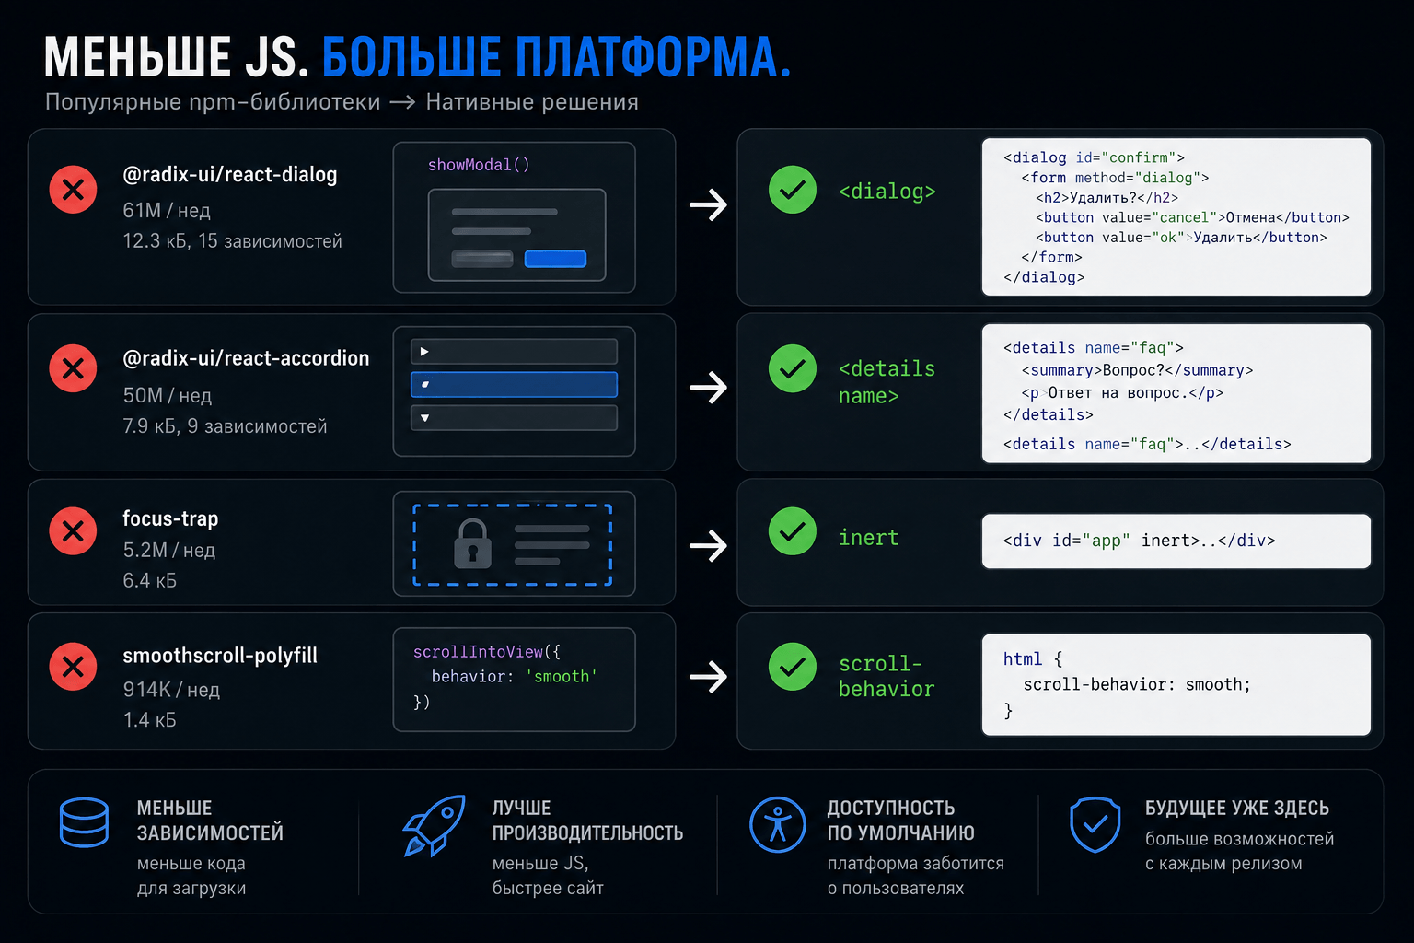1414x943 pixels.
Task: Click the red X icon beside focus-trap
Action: point(74,531)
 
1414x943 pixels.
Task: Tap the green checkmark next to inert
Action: point(793,531)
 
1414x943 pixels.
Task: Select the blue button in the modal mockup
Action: point(555,259)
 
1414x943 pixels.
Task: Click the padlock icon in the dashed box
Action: point(473,544)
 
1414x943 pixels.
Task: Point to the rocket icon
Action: point(435,825)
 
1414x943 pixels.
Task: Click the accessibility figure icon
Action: point(778,825)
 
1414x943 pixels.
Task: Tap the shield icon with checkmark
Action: point(1095,825)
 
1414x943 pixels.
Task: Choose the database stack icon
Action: point(84,822)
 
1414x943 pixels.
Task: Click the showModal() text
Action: point(479,165)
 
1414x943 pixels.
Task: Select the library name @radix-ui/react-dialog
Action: point(230,174)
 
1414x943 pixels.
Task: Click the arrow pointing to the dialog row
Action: point(708,204)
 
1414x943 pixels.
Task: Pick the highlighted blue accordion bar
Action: point(514,385)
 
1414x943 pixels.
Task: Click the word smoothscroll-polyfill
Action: point(220,656)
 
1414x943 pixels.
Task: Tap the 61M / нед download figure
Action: point(167,210)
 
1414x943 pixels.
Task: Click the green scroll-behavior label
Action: point(887,676)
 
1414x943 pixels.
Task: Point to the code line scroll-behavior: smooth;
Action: point(1136,684)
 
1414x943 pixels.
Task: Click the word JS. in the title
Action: point(276,57)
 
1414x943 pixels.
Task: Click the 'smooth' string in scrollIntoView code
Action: point(562,677)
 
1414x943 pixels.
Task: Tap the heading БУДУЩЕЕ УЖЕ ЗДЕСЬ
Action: point(1237,808)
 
